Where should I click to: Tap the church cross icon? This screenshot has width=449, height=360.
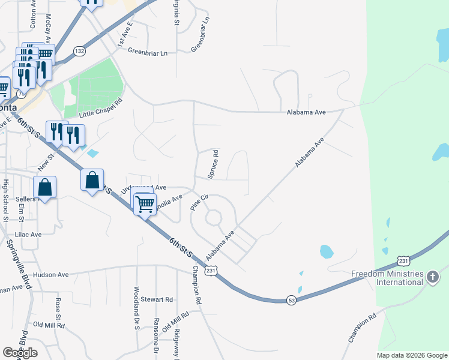(x=433, y=277)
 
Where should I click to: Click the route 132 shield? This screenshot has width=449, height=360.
(x=79, y=52)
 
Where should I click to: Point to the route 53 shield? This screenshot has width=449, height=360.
(x=291, y=299)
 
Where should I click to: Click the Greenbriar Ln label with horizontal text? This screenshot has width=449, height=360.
(x=147, y=52)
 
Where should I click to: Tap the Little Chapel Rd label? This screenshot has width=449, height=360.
(x=100, y=108)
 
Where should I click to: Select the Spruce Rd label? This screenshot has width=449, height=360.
(x=212, y=164)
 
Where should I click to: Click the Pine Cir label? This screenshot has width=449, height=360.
(x=199, y=201)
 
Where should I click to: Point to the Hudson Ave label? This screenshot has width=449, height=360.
(x=51, y=275)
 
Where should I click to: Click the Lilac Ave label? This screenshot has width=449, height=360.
(x=28, y=234)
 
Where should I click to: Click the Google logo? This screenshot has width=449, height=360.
(x=20, y=353)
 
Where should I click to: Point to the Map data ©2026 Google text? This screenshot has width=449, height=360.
(x=411, y=355)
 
